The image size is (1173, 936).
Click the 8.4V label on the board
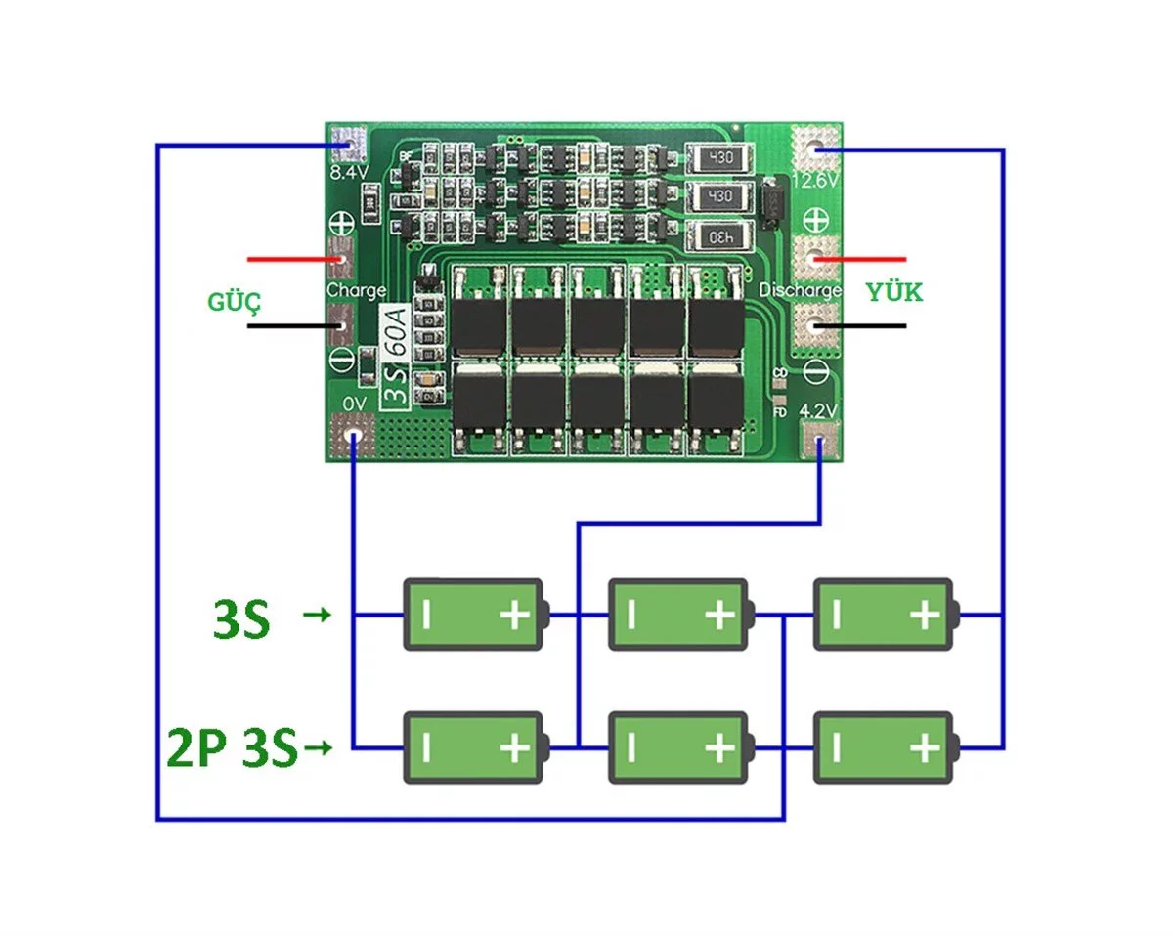[x=349, y=173]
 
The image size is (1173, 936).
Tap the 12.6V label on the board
[x=814, y=180]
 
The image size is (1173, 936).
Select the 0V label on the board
[x=354, y=404]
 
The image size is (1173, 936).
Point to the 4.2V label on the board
[x=817, y=410]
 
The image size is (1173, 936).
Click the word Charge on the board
[x=356, y=290]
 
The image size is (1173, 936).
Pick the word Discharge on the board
[x=801, y=290]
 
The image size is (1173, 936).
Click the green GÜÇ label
[x=235, y=302]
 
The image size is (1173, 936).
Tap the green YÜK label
[x=894, y=292]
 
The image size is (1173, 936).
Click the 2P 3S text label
[x=233, y=747]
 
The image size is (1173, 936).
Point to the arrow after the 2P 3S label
[x=319, y=747]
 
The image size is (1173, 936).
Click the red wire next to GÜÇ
[x=296, y=259]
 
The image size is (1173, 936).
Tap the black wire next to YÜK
[x=860, y=325]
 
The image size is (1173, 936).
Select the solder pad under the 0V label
[x=353, y=435]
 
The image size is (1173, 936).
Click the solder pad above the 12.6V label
[x=815, y=148]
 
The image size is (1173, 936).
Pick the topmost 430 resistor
[x=719, y=158]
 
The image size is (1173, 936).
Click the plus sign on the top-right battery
[x=925, y=616]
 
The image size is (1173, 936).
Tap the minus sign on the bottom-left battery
[x=426, y=747]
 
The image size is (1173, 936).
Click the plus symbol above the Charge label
[x=342, y=223]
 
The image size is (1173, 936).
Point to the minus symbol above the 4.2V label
[x=816, y=372]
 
